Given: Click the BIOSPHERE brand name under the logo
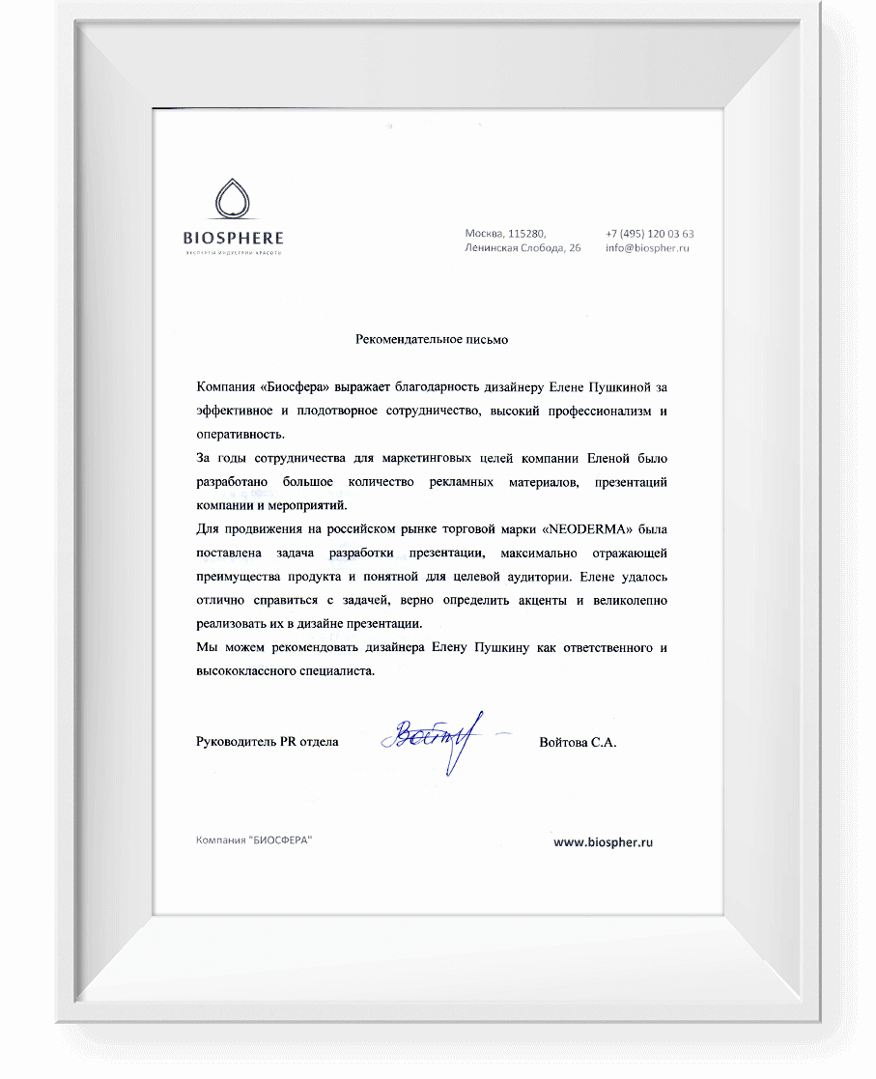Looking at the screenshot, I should (233, 237).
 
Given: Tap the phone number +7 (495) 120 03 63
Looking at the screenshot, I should (649, 234).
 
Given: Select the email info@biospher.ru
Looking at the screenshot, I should (647, 248).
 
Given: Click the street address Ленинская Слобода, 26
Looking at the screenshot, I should (523, 248).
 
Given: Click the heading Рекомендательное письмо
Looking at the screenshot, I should (432, 339).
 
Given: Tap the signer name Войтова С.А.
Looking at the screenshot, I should (578, 742).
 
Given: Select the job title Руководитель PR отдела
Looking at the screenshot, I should (267, 742).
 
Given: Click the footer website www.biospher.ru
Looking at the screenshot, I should (604, 841).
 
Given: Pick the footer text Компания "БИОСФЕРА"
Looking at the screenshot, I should (254, 840).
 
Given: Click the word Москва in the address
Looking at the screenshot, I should (484, 234).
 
